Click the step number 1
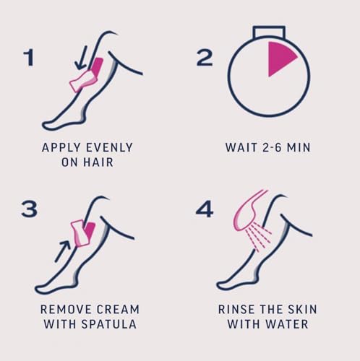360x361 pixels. point(28,58)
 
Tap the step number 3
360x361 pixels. point(29,209)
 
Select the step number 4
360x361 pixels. point(205,209)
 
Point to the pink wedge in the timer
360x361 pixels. point(281,58)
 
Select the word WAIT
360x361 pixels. point(241,148)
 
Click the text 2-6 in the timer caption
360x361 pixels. point(280,148)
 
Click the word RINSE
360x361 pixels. point(238,308)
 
